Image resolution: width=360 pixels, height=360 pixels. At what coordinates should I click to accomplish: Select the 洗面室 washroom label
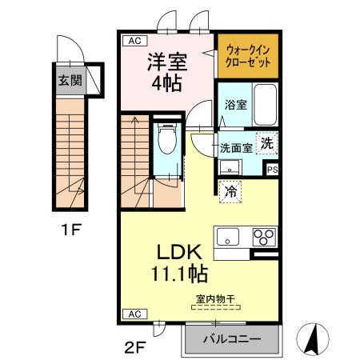(x=236, y=147)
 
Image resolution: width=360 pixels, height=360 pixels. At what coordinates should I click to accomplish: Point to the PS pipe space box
(x=272, y=169)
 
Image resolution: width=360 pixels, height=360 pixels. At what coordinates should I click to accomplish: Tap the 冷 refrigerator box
(x=229, y=192)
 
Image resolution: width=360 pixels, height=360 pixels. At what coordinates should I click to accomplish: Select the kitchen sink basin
(x=227, y=237)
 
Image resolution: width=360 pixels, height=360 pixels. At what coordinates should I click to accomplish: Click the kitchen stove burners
(x=264, y=236)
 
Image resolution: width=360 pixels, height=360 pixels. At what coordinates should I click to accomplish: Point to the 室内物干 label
(x=214, y=299)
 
